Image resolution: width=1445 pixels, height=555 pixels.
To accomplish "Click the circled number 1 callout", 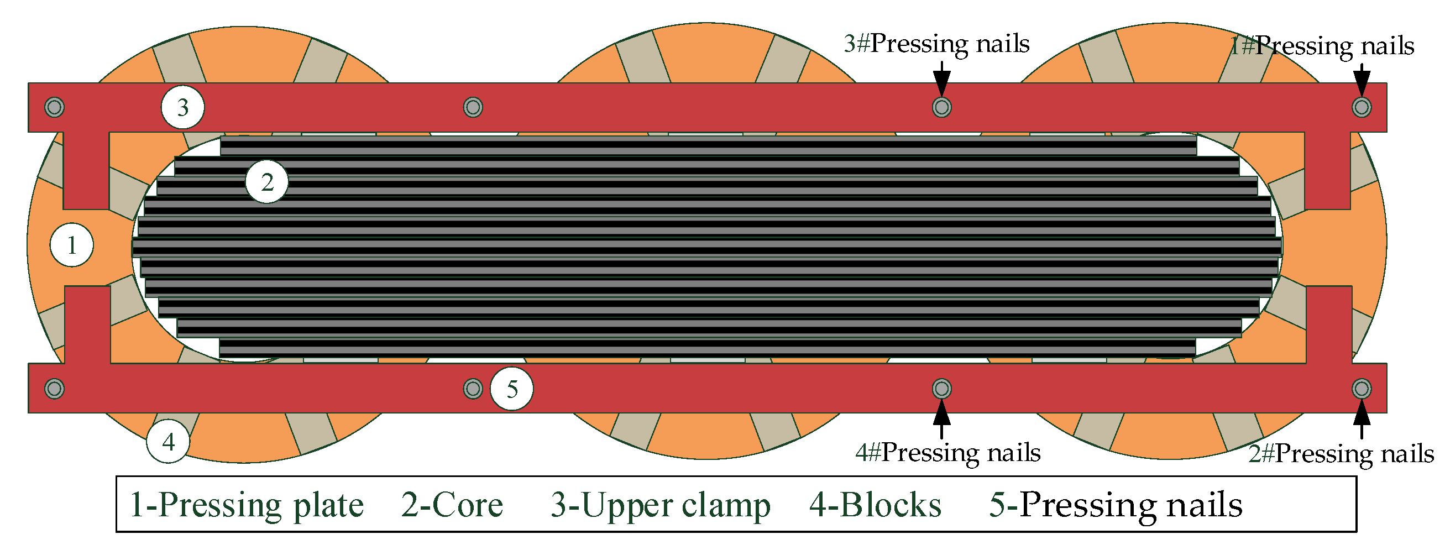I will point(71,245).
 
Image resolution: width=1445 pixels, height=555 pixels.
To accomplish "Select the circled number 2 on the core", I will point(266,182).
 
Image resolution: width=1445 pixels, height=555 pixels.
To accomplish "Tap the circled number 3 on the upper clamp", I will point(182,107).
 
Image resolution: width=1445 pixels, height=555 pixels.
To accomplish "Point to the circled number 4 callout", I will point(167,442).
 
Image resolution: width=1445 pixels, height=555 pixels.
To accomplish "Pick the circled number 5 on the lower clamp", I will point(511,389).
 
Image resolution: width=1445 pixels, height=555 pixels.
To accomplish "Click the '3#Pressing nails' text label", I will point(936,44).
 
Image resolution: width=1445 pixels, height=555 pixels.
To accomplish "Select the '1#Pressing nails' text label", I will point(1322,46).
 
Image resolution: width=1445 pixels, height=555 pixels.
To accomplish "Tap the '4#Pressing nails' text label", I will point(947,452).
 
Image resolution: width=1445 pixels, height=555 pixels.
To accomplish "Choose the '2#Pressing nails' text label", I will point(1341,453).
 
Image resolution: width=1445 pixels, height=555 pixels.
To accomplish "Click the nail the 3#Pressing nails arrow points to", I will point(941,107).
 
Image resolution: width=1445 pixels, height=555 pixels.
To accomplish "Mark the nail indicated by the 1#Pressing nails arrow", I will point(1362,107).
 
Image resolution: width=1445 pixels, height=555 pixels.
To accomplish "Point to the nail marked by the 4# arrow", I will point(941,388).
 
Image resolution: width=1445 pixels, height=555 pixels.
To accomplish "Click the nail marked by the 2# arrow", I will point(1362,388).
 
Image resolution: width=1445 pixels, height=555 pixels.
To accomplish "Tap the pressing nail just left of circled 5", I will point(473,388).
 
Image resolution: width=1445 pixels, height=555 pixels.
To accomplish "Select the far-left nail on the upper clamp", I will point(54,107).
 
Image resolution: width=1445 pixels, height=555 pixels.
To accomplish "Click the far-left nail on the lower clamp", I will point(54,388).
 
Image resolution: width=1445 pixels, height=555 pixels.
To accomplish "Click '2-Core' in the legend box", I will point(452,505).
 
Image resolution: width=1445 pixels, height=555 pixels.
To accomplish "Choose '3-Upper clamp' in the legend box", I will point(660,505).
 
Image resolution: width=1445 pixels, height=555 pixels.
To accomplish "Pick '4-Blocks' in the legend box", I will point(875,505).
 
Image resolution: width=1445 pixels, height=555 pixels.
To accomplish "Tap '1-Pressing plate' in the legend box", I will point(246,505).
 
